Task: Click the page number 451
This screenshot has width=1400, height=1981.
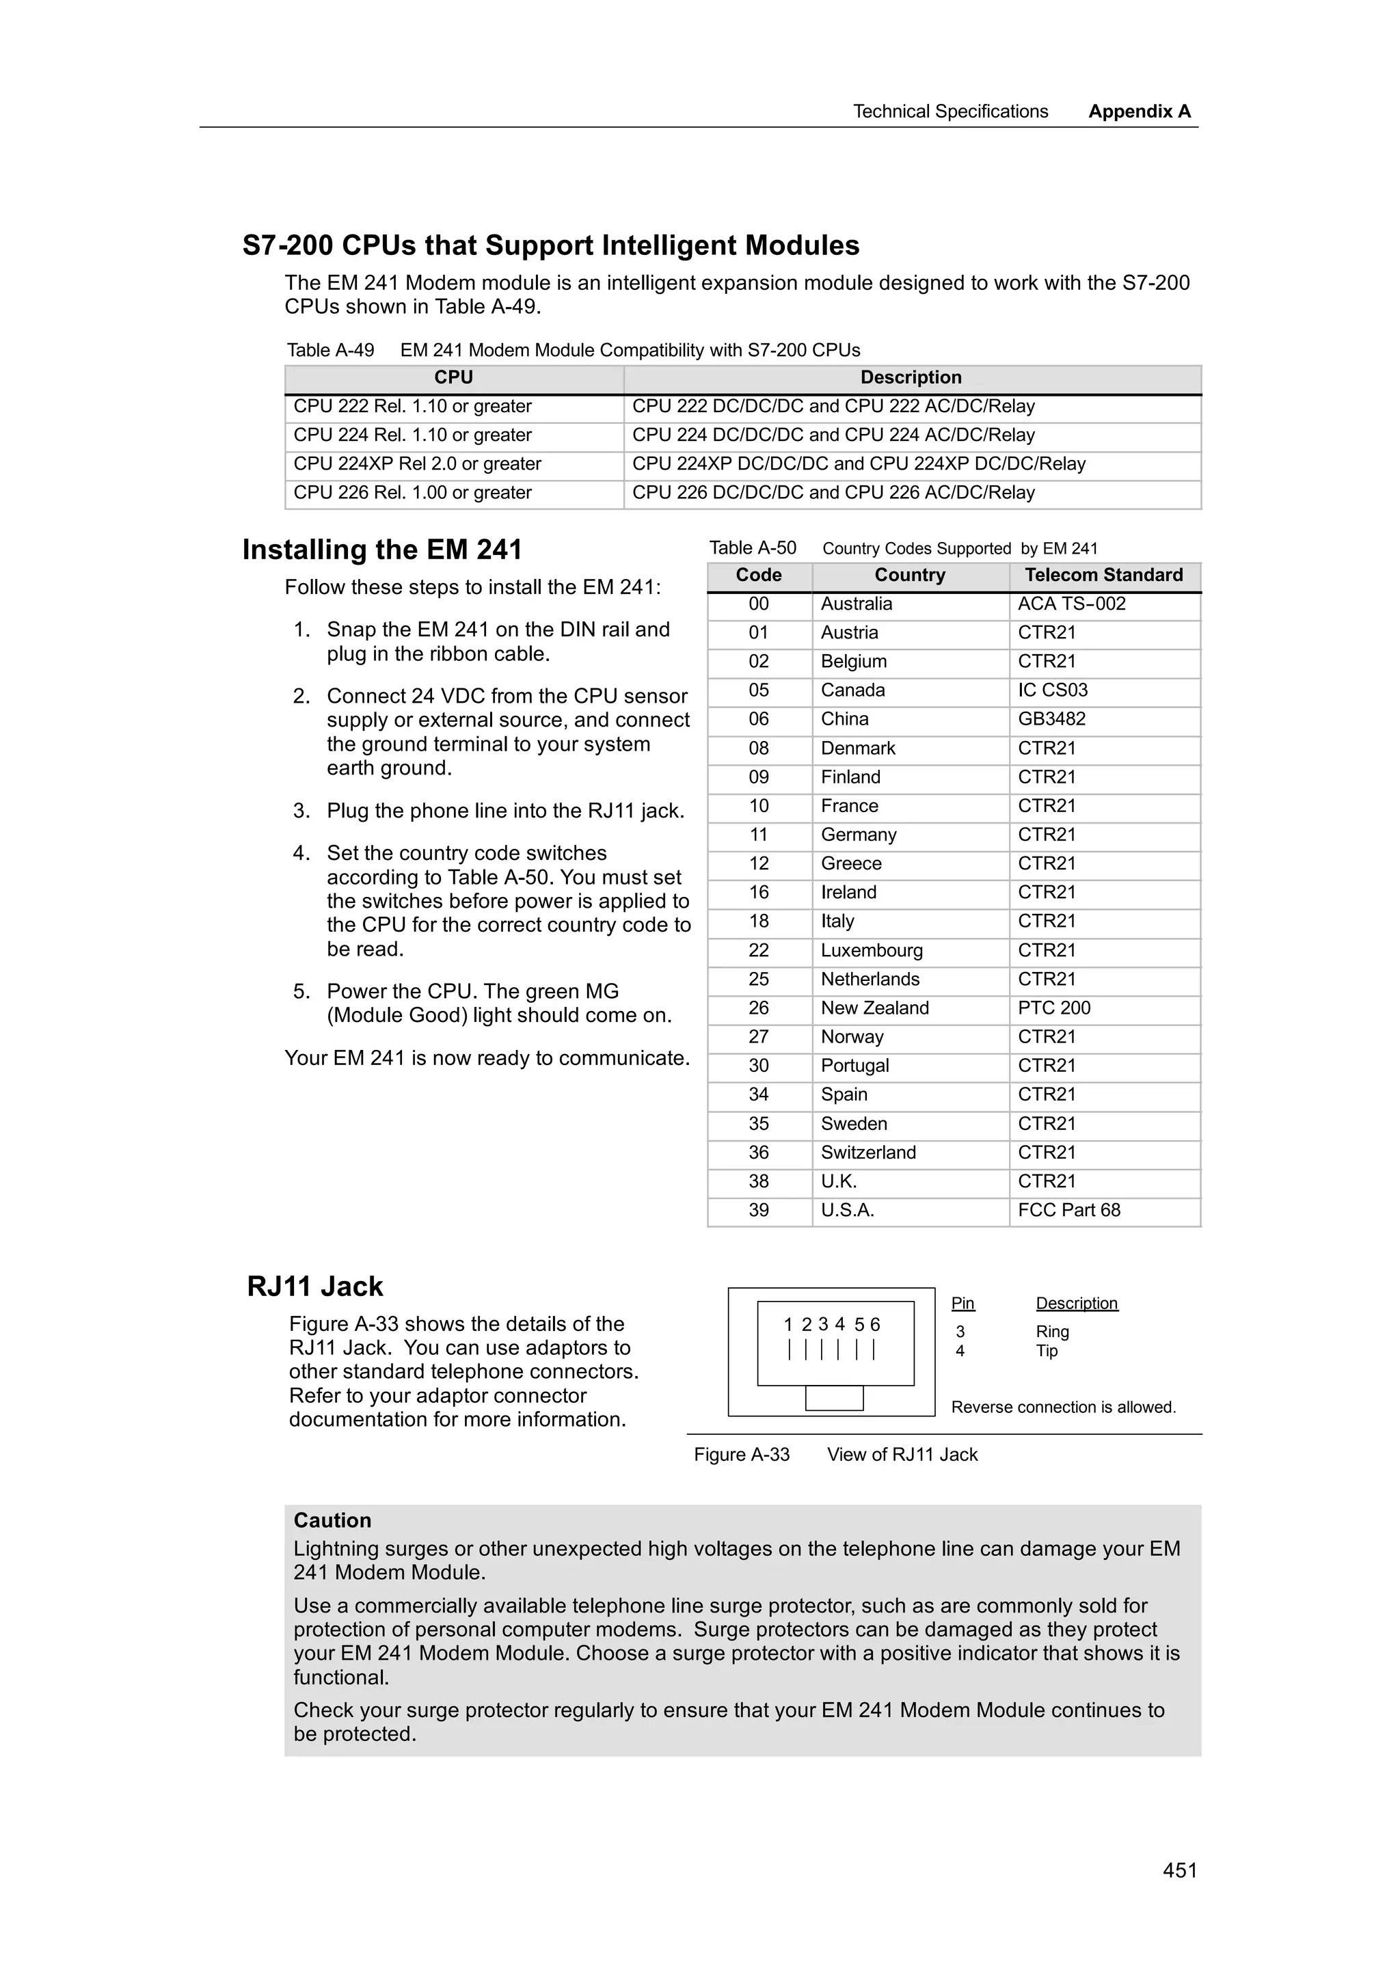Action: [1179, 1870]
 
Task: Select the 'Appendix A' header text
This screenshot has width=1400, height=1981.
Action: [1139, 111]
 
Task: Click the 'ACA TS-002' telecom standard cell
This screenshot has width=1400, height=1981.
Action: [1071, 604]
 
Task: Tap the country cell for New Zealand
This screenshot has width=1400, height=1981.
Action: [875, 1008]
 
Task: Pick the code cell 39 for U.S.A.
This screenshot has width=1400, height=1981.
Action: [758, 1210]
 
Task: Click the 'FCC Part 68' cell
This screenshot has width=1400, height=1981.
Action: [1068, 1210]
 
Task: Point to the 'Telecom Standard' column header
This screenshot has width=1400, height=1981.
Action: [1103, 575]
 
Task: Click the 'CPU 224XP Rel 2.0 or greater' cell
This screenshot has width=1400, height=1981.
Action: [418, 463]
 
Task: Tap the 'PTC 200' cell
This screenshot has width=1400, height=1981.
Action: [1054, 1008]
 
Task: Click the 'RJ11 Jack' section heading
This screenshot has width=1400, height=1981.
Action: [315, 1286]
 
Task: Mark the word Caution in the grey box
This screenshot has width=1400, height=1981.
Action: [332, 1520]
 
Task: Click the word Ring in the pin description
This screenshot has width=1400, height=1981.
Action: [1052, 1332]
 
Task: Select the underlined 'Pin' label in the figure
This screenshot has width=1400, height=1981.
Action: [962, 1303]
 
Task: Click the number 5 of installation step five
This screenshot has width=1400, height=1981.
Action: [299, 991]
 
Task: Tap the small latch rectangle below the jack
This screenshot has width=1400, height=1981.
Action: [833, 1398]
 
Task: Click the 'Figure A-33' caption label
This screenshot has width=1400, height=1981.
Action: [741, 1454]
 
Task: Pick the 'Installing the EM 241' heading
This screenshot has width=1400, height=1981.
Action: [382, 550]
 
